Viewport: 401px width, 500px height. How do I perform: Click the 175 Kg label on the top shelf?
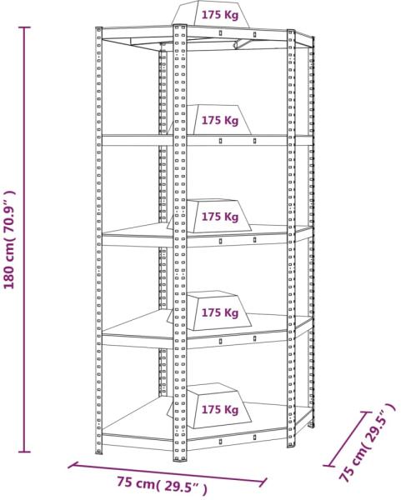click(220, 15)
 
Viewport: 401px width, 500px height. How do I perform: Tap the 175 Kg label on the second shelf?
click(220, 121)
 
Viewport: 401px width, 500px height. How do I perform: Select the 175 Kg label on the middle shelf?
click(220, 217)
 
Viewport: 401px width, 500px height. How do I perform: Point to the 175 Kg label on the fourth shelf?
click(220, 312)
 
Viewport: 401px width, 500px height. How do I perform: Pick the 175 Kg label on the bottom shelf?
click(220, 409)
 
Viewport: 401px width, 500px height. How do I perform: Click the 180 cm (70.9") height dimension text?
click(9, 239)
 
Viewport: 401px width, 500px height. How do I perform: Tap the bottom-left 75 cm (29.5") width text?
click(162, 485)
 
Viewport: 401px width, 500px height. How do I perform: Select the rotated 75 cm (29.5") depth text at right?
click(368, 442)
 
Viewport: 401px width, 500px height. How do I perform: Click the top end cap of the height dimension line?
click(24, 27)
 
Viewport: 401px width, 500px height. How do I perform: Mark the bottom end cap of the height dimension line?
click(24, 452)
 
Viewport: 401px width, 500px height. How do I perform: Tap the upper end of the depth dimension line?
click(366, 412)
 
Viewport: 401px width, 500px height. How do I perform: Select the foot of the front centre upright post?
click(179, 457)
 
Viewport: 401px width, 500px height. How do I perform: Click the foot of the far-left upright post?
click(99, 451)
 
